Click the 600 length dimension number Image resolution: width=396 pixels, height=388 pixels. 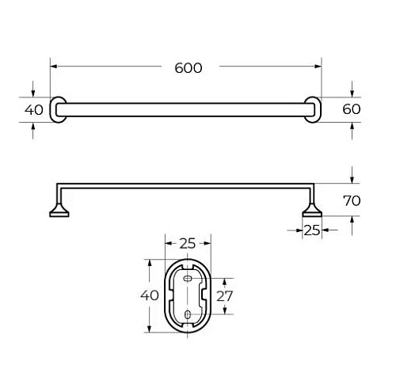pos(188,68)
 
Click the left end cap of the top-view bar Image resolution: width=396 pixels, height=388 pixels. pos(58,109)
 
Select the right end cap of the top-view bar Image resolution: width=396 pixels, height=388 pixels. pos(314,109)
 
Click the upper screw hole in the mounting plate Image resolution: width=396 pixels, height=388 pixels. pos(187,280)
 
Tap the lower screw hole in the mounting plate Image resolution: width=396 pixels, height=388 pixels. pos(187,314)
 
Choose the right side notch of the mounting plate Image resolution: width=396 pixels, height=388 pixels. pos(206,295)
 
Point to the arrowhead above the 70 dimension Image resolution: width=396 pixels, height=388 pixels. pos(352,183)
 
